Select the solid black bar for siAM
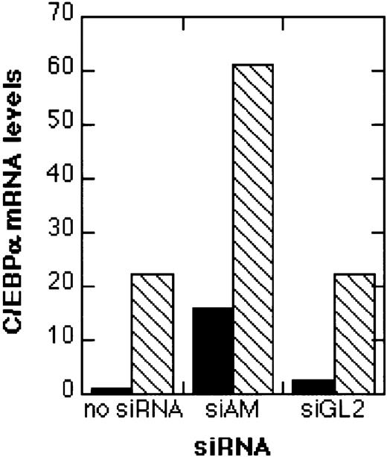[x=213, y=350]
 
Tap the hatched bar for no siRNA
[x=153, y=332]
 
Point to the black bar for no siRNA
[x=112, y=390]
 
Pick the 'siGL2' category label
[x=333, y=410]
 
